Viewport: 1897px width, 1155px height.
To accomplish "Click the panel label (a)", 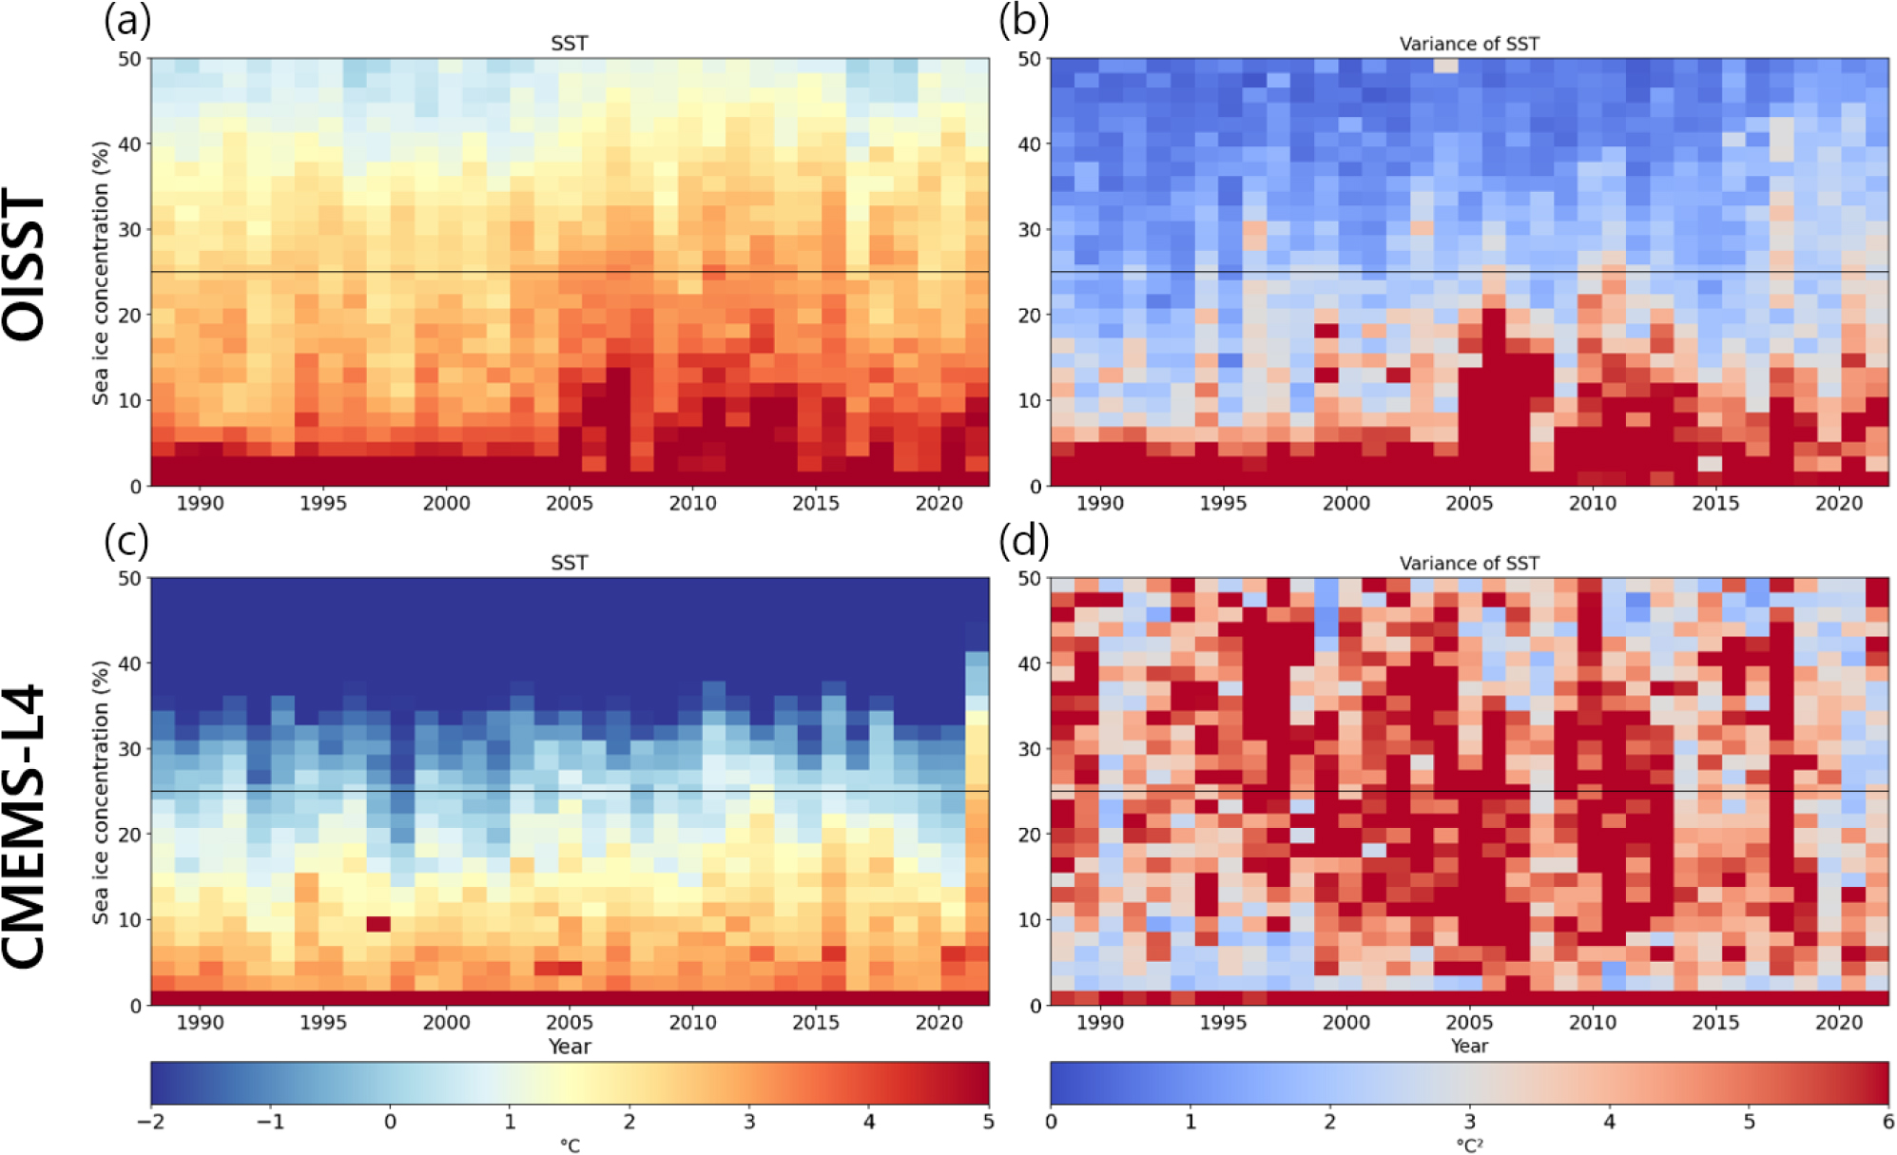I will click(x=127, y=21).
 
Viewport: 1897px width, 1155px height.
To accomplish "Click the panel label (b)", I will click(x=1024, y=21).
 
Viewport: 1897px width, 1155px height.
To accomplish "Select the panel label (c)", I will click(x=126, y=541).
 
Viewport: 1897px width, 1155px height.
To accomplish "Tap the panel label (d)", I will click(x=1024, y=541).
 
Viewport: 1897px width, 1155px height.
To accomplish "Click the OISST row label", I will click(x=25, y=264).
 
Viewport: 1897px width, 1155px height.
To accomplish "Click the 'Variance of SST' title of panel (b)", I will click(x=1468, y=44).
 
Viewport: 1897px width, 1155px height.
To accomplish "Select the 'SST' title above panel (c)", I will click(x=569, y=563).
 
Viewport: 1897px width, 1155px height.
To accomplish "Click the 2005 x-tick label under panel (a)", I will click(x=569, y=504).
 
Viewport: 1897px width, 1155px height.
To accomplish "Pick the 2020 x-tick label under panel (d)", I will click(x=1838, y=1023).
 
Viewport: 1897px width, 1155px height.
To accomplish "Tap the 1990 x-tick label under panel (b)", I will click(x=1099, y=504).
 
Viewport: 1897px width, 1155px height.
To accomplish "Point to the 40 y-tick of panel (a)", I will click(x=129, y=144).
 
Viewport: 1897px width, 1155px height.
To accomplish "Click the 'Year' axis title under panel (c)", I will click(x=569, y=1047).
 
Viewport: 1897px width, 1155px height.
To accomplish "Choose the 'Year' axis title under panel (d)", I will click(x=1468, y=1046).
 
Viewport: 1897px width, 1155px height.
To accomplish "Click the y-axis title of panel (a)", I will click(x=100, y=274).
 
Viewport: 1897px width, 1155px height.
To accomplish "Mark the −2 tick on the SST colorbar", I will click(x=151, y=1122).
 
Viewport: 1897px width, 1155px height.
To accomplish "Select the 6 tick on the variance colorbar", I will click(x=1887, y=1122).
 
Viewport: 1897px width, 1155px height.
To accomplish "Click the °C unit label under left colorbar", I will click(x=569, y=1146).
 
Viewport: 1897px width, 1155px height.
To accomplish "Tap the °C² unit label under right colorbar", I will click(x=1468, y=1146).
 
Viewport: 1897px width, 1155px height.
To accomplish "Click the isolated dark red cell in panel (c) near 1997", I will click(x=378, y=924).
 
